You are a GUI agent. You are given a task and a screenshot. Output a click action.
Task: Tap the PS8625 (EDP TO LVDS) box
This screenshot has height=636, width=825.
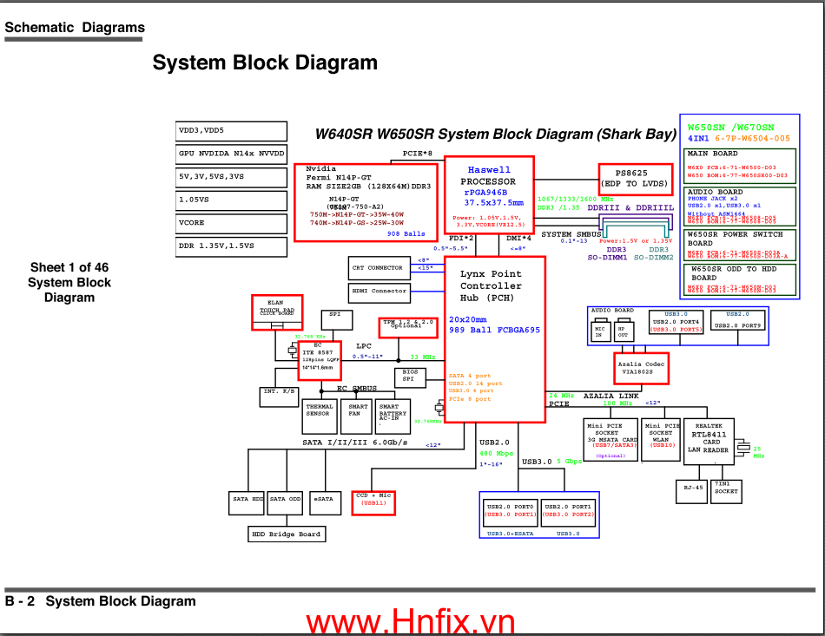pos(636,178)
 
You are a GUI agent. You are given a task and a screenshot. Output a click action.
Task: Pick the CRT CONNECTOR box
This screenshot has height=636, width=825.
pos(377,268)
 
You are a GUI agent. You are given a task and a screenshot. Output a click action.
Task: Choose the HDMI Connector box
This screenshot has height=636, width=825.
pos(379,292)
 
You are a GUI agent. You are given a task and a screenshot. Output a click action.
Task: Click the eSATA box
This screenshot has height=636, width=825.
pos(323,500)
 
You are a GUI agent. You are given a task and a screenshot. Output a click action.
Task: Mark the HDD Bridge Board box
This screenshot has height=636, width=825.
pos(287,534)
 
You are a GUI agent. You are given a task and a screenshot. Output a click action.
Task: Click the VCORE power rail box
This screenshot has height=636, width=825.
pos(231,223)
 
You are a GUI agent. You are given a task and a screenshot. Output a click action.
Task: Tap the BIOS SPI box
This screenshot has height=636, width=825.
pos(410,377)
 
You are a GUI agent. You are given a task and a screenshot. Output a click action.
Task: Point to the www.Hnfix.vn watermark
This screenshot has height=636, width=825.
pos(410,621)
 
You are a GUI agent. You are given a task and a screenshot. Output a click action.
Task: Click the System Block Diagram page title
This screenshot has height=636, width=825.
pos(265,62)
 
